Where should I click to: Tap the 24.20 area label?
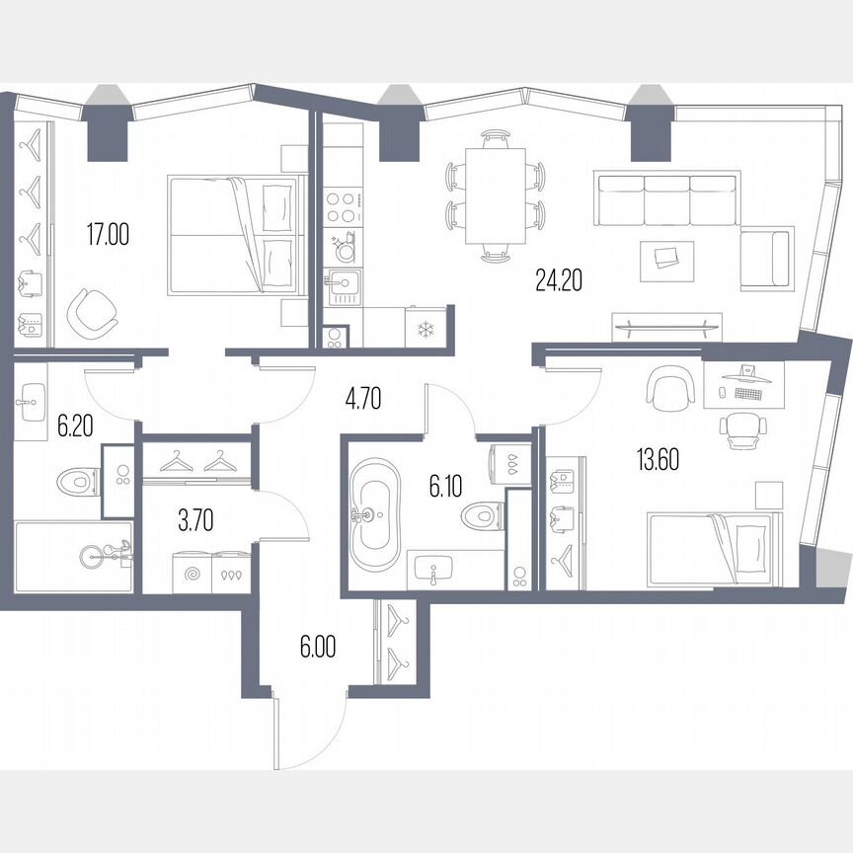(559, 281)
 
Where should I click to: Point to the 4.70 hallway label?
(362, 399)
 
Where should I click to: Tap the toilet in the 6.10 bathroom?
(483, 515)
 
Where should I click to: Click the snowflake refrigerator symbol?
(426, 329)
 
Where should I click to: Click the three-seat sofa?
(665, 197)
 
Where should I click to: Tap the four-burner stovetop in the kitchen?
(341, 208)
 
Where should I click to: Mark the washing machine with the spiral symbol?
(192, 573)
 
